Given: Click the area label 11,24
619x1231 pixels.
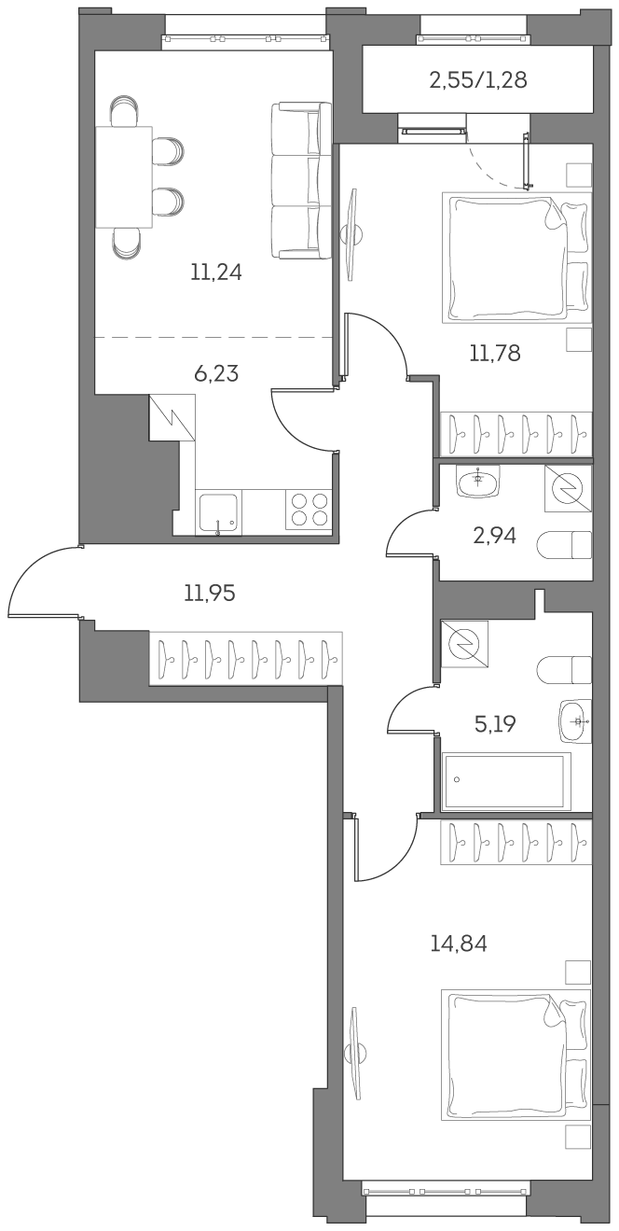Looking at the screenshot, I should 215,273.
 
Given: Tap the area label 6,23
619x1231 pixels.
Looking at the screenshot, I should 215,373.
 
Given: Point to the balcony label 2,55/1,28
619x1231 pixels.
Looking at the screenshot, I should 477,80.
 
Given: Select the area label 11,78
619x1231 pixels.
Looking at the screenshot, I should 494,353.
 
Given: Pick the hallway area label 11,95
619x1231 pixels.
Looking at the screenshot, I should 209,592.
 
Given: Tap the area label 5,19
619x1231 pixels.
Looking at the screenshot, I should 495,723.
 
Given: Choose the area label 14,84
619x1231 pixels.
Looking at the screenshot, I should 458,944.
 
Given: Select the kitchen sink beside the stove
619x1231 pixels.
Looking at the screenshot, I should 218,512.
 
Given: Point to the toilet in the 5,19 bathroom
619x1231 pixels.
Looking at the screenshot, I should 566,669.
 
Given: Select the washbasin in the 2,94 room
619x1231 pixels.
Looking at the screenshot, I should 477,482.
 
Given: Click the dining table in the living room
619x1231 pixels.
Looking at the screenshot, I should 124,177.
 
